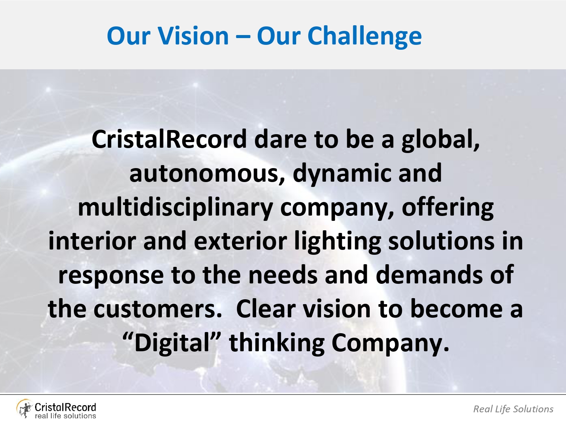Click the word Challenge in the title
pos(365,36)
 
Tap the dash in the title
pos(243,37)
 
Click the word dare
pos(281,139)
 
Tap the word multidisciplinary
pos(175,208)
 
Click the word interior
pos(92,241)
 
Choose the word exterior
pos(240,241)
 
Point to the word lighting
pos(338,242)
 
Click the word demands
pos(429,275)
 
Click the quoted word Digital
pos(172,343)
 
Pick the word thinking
pos(277,343)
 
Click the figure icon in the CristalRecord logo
pos(24,409)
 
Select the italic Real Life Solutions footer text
pos(513,409)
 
